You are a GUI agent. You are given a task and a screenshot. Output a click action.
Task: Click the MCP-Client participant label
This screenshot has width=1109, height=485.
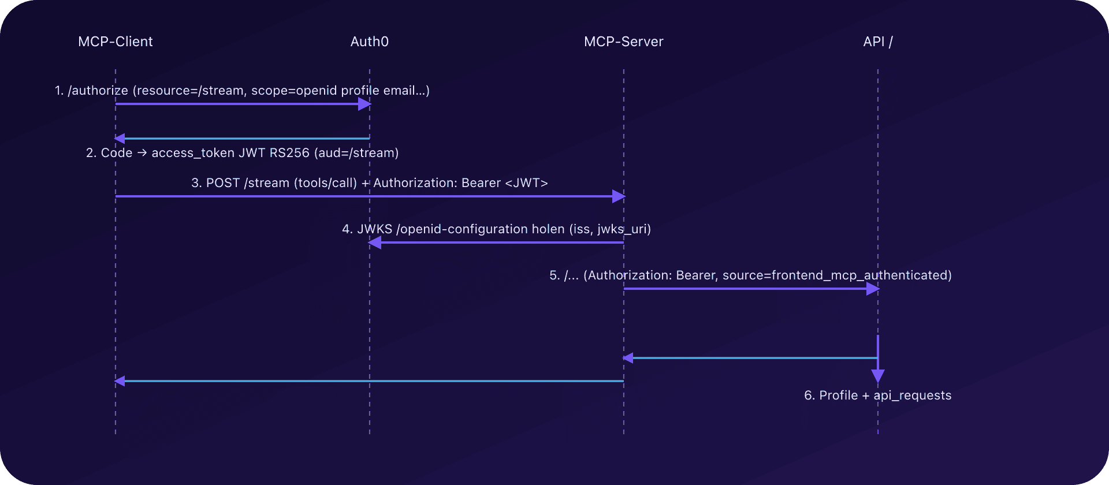(x=116, y=42)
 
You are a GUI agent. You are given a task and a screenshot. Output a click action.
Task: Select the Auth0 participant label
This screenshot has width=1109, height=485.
(x=370, y=42)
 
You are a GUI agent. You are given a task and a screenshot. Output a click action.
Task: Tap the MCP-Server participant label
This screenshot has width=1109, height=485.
(x=624, y=42)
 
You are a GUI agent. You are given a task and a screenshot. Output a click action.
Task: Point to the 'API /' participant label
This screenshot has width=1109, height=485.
(x=878, y=42)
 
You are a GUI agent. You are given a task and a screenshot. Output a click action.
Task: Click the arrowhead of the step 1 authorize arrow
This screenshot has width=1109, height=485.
(x=364, y=104)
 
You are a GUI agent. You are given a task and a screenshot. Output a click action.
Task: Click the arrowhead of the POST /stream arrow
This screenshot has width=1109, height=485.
(x=619, y=196)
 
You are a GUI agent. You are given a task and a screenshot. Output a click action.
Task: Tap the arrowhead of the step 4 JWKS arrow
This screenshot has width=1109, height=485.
(x=375, y=242)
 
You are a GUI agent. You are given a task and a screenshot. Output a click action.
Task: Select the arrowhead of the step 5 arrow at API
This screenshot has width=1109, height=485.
(x=873, y=289)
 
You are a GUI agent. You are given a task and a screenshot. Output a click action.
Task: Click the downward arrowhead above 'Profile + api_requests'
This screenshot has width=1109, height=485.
(x=878, y=376)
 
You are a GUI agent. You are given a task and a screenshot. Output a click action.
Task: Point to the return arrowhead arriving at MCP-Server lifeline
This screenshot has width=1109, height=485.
(x=628, y=358)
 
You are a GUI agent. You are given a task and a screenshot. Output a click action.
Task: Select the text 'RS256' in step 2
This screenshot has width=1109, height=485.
(x=289, y=153)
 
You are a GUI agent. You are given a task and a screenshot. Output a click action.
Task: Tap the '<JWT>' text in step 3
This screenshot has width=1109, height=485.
(x=526, y=183)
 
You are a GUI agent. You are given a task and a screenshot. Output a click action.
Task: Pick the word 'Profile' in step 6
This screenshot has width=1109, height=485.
(x=839, y=396)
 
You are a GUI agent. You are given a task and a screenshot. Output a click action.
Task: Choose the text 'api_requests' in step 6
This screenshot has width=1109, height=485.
(x=913, y=396)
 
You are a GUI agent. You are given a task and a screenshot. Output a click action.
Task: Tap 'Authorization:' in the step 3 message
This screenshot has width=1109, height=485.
(x=413, y=183)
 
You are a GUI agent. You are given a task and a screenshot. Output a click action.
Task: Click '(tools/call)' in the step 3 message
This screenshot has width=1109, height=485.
(x=326, y=183)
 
